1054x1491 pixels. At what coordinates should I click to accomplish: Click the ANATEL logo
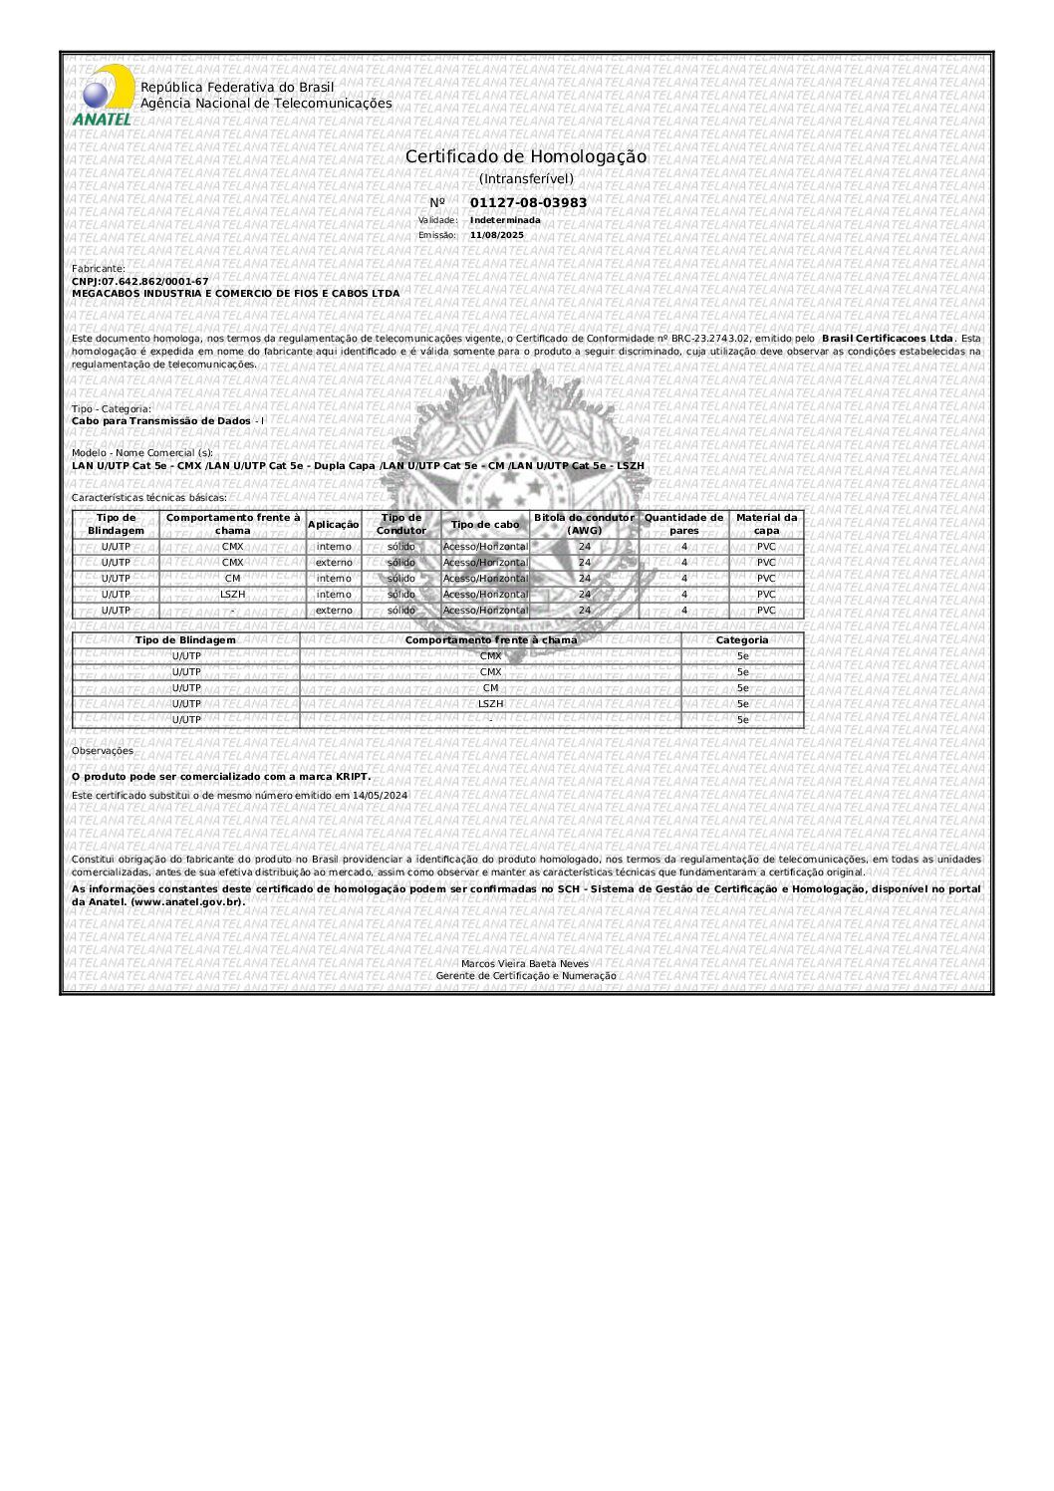tap(103, 97)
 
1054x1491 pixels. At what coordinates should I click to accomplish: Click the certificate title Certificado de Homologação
tap(525, 157)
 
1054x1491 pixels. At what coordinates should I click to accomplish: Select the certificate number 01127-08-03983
tap(528, 203)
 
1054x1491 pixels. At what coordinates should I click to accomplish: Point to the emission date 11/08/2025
tap(496, 235)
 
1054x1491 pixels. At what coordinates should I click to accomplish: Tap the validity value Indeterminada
tap(505, 220)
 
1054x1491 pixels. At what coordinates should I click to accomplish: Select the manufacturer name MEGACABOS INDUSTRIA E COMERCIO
tap(235, 294)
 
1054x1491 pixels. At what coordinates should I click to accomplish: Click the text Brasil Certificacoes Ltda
tap(887, 339)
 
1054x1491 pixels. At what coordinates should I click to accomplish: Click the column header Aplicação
tap(333, 524)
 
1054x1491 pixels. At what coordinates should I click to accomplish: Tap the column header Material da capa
tap(766, 524)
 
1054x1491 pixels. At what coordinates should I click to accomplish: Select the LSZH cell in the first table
tap(232, 595)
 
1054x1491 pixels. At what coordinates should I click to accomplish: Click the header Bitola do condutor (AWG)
tap(584, 524)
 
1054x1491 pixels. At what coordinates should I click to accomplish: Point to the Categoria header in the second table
tap(742, 640)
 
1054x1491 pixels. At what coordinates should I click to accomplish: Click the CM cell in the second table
tap(490, 688)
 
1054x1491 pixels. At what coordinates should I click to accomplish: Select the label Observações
tap(103, 751)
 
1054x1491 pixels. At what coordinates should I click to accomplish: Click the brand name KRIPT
tap(352, 777)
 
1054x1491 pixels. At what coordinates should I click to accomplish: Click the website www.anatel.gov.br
tap(186, 902)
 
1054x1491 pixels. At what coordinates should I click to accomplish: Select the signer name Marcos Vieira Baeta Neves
tap(525, 963)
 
